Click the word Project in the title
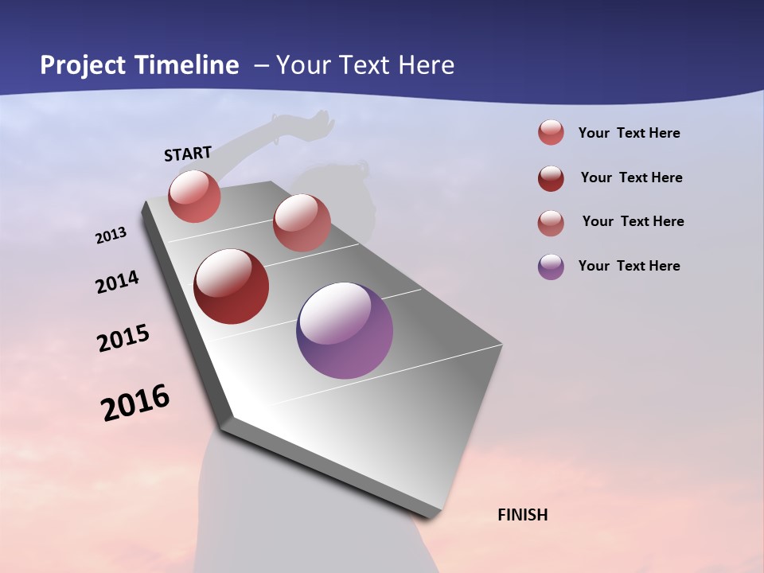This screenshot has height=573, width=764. (82, 65)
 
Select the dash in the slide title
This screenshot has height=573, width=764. (261, 65)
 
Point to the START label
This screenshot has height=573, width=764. (188, 154)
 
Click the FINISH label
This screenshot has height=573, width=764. (522, 515)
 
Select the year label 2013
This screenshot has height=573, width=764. (111, 236)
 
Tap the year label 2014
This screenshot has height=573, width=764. (117, 283)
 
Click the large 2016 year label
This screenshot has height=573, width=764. (135, 403)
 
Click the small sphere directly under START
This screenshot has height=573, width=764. (194, 196)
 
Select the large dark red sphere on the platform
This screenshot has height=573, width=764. (232, 286)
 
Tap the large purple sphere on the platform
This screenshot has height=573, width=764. (345, 330)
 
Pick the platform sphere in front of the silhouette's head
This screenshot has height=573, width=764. (302, 223)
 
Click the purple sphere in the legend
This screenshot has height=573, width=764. (551, 267)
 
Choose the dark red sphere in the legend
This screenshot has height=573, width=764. (551, 178)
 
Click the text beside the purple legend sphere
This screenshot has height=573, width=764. (629, 266)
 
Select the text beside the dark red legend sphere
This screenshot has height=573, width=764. (631, 177)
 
